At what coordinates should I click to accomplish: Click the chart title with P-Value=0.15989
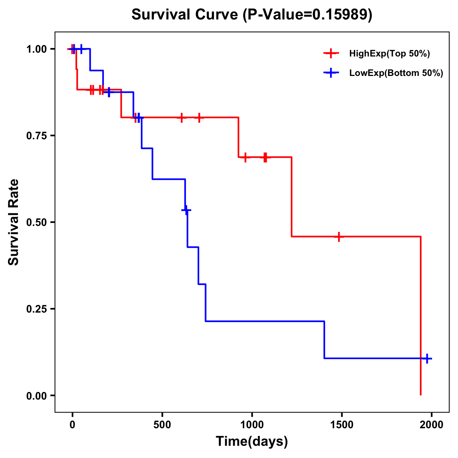[x=252, y=15]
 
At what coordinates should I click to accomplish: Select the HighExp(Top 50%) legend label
[x=389, y=54]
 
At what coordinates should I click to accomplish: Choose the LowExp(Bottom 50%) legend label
[x=396, y=73]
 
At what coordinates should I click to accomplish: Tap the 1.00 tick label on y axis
[x=37, y=49]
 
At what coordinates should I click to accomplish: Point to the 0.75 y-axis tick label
[x=37, y=136]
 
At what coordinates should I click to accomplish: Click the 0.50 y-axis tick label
[x=37, y=223]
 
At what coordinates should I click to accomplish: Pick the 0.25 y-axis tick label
[x=37, y=309]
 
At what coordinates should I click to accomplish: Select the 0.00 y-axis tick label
[x=37, y=396]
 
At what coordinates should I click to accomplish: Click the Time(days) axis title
[x=252, y=442]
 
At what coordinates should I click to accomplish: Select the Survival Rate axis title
[x=14, y=222]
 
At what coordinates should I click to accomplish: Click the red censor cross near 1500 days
[x=339, y=237]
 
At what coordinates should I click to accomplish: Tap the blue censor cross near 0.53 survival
[x=186, y=210]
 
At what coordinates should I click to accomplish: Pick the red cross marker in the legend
[x=331, y=53]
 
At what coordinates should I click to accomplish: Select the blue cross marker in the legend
[x=331, y=73]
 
